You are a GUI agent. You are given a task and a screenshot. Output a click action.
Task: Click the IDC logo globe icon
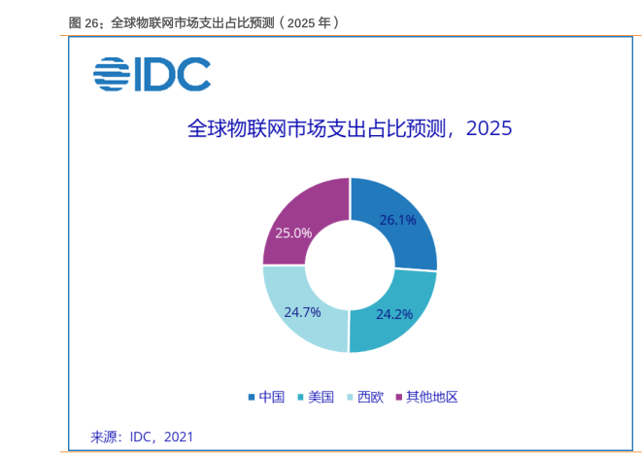pyautogui.click(x=112, y=74)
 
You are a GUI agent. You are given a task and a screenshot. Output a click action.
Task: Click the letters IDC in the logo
pyautogui.click(x=173, y=74)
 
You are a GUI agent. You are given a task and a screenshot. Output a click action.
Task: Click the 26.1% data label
pyautogui.click(x=397, y=221)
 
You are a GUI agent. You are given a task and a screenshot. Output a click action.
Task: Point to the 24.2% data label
pyautogui.click(x=394, y=314)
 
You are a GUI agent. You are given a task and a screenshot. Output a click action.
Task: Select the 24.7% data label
pyautogui.click(x=302, y=312)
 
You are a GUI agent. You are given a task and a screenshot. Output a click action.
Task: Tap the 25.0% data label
pyautogui.click(x=293, y=233)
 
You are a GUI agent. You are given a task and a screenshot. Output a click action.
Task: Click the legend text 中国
pyautogui.click(x=271, y=397)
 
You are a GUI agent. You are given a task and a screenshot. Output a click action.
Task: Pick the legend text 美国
pyautogui.click(x=321, y=397)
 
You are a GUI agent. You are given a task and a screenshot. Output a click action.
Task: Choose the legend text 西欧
pyautogui.click(x=370, y=397)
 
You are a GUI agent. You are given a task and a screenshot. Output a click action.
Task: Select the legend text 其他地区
pyautogui.click(x=432, y=397)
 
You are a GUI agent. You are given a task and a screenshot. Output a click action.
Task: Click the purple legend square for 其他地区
pyautogui.click(x=398, y=397)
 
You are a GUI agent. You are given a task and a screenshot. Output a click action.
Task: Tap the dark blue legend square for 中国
pyautogui.click(x=252, y=397)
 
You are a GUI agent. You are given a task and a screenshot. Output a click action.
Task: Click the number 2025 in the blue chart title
pyautogui.click(x=490, y=128)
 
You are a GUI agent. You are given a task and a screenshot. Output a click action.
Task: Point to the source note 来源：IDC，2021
pyautogui.click(x=142, y=437)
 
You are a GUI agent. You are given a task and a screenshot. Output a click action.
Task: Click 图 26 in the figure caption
pyautogui.click(x=84, y=23)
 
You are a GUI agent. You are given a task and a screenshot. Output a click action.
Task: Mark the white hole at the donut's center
pyautogui.click(x=350, y=265)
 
